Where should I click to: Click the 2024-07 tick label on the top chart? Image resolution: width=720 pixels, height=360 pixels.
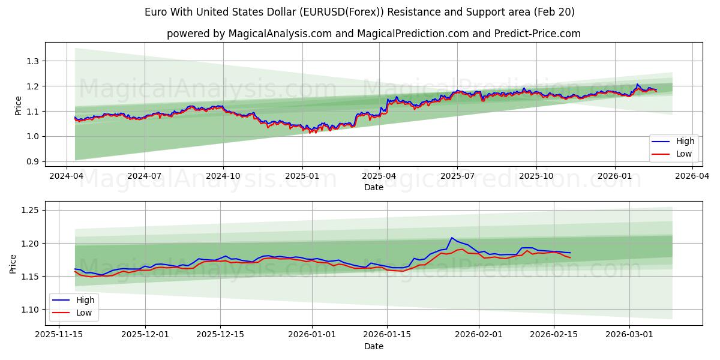tap(145, 176)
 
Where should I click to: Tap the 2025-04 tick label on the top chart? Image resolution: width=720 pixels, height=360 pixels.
tap(379, 176)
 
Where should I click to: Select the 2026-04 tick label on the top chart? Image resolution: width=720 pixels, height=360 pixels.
tap(692, 176)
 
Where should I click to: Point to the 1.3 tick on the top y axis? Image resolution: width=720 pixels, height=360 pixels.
tap(32, 61)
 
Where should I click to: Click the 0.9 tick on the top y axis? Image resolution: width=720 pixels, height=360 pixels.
tap(32, 162)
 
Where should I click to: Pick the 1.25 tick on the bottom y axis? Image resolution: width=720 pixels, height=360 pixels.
tap(30, 210)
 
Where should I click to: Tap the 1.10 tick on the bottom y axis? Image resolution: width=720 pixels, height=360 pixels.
tap(30, 310)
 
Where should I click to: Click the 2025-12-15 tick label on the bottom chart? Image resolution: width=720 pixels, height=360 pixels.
tap(220, 335)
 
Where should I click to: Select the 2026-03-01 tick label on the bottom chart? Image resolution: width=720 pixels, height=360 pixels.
tap(629, 335)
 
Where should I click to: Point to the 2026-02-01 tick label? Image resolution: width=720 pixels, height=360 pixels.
tap(479, 335)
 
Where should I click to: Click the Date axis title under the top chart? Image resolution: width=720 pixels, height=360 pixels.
tap(373, 187)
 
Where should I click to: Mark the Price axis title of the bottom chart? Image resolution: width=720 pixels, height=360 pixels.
tap(13, 263)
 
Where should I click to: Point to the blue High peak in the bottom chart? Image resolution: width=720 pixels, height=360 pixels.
tap(452, 238)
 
